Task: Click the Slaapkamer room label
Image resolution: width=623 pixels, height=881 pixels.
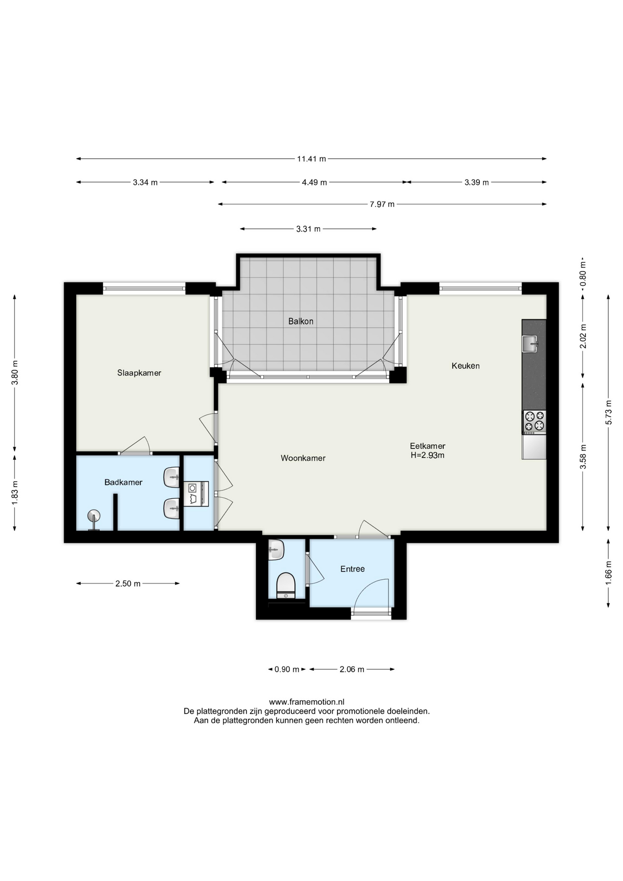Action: click(x=139, y=373)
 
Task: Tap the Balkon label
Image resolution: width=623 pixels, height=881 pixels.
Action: click(x=301, y=321)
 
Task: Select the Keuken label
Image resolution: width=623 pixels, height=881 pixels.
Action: click(x=466, y=366)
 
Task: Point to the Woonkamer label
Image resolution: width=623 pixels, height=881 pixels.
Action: click(x=303, y=458)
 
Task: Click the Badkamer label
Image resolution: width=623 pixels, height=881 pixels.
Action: click(x=123, y=482)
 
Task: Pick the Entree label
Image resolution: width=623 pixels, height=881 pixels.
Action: click(x=352, y=569)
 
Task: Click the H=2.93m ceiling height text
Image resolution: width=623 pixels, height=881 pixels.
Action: click(x=427, y=456)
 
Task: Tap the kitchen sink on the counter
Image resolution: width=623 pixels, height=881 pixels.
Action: click(x=530, y=344)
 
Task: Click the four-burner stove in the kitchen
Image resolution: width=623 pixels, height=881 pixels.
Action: click(x=534, y=422)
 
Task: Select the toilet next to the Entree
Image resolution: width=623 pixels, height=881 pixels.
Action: click(x=286, y=585)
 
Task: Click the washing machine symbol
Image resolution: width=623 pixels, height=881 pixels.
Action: click(x=196, y=494)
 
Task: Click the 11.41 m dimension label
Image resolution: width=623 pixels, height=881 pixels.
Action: click(x=311, y=159)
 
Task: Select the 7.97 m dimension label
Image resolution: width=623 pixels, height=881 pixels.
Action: click(x=382, y=204)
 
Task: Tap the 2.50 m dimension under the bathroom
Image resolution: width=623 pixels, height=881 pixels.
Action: click(x=128, y=584)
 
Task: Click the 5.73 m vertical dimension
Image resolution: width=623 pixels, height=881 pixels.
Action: click(x=609, y=413)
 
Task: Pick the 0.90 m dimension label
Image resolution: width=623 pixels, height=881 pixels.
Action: click(x=287, y=669)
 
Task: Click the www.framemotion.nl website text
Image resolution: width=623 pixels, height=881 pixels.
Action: click(x=306, y=702)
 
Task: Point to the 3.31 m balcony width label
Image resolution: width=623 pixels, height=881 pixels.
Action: click(x=308, y=229)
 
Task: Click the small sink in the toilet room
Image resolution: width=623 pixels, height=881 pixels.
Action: click(x=276, y=550)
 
